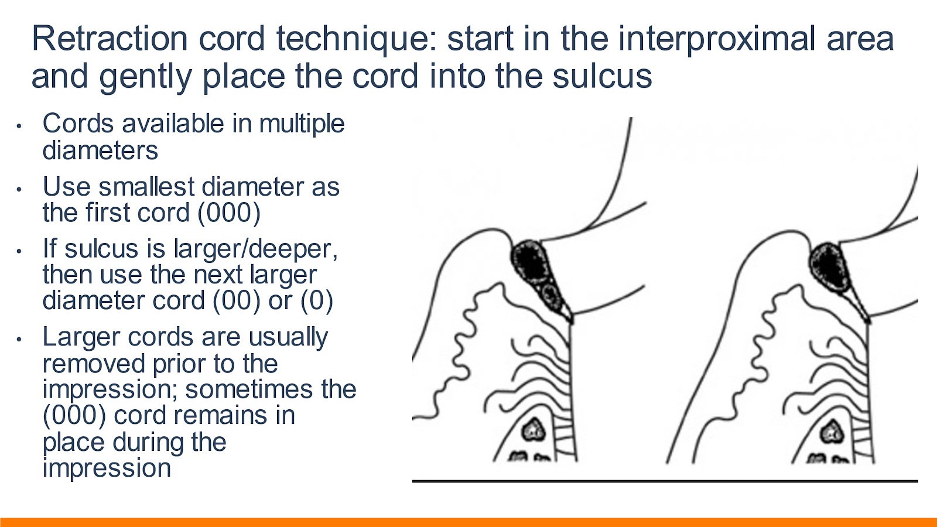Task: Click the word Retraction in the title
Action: [110, 39]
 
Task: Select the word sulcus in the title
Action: [602, 76]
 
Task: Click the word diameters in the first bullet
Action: [100, 150]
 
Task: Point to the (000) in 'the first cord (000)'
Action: [229, 213]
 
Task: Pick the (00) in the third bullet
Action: [237, 301]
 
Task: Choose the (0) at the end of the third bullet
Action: [317, 301]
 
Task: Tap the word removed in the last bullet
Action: [94, 364]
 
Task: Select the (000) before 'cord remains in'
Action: [74, 416]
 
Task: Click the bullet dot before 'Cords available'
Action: [19, 126]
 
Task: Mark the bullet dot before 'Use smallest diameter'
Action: [19, 189]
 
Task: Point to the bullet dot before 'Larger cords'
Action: [19, 339]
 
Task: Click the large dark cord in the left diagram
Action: [531, 263]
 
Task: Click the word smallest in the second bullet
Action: [147, 187]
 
